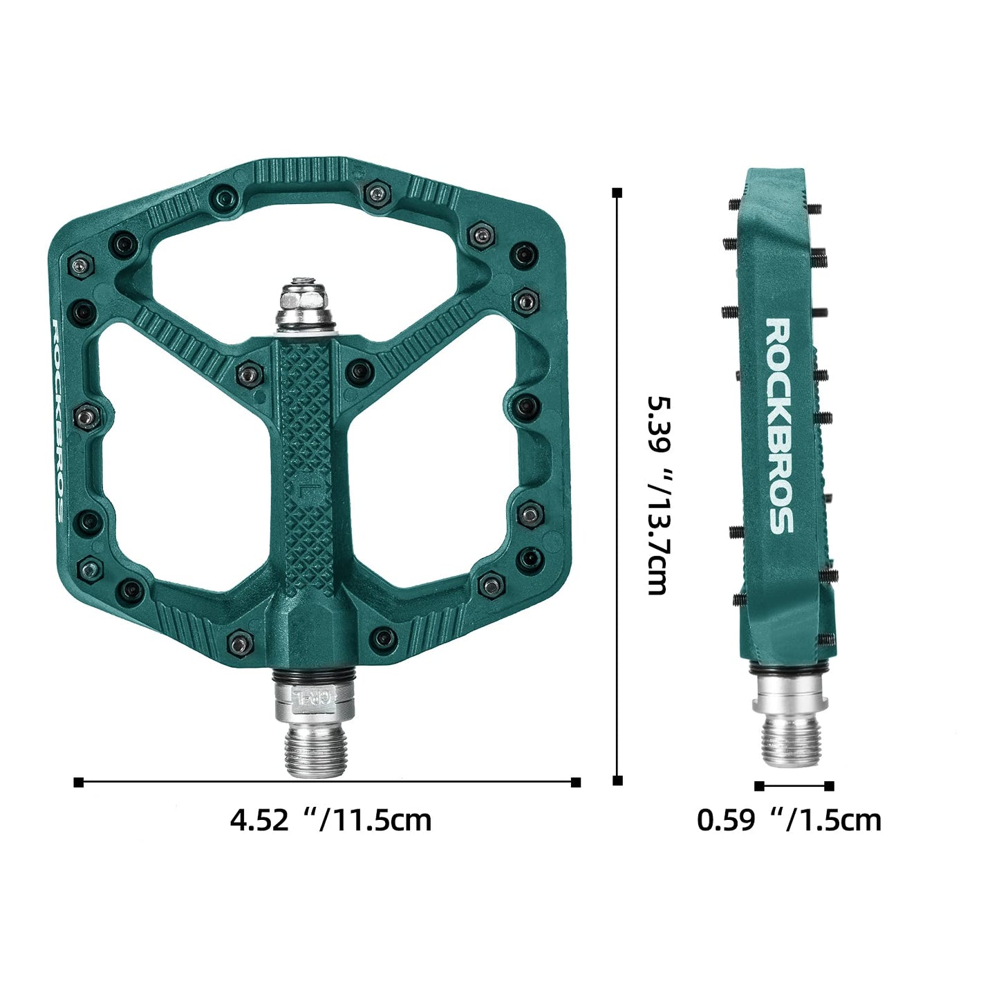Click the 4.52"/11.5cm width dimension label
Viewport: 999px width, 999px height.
click(330, 821)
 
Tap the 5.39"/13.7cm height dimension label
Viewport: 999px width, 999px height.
click(656, 494)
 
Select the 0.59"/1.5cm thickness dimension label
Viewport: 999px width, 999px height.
click(789, 821)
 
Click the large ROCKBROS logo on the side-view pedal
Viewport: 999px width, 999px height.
click(779, 426)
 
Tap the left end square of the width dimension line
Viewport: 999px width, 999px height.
click(78, 782)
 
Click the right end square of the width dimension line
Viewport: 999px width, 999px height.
click(576, 782)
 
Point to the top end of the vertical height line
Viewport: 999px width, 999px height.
click(617, 192)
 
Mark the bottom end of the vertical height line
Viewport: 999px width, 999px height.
click(617, 781)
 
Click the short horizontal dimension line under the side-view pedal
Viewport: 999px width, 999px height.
click(794, 785)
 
